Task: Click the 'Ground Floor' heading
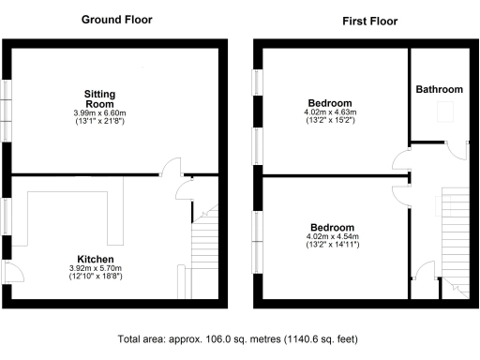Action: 116,20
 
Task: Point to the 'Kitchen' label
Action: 97,257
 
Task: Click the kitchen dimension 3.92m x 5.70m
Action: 97,268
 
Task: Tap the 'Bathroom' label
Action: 439,90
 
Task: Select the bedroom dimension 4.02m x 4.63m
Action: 329,113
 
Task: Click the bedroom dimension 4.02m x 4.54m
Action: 333,238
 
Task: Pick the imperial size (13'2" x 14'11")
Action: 333,247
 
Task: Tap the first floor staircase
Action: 455,234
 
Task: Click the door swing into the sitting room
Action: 172,167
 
